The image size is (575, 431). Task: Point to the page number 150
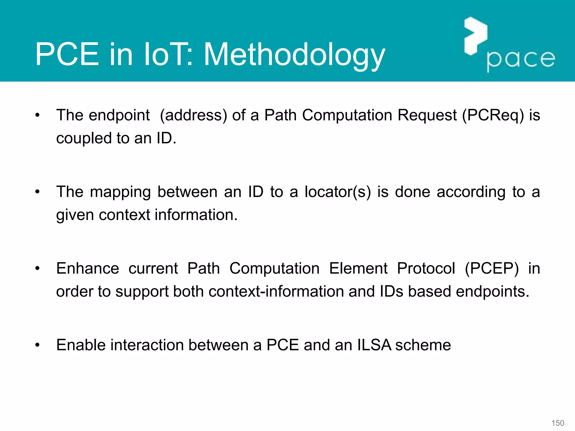point(558,423)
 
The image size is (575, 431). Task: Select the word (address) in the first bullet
point(193,115)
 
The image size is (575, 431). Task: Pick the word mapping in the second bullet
point(120,192)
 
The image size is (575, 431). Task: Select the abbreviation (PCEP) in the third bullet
point(492,269)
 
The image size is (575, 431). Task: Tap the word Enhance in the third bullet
point(88,268)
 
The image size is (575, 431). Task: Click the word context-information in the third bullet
point(276,291)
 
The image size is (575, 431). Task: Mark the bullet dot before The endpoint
point(38,115)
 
